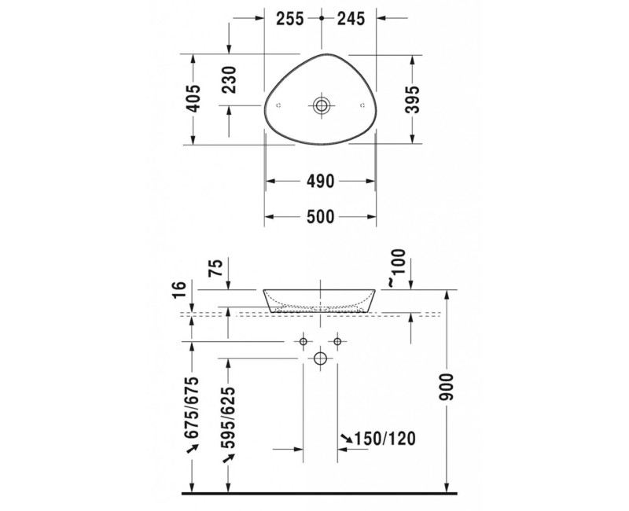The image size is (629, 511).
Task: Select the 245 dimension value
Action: click(x=351, y=20)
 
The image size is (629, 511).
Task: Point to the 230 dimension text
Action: click(x=229, y=79)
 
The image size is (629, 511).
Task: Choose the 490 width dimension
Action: click(x=321, y=182)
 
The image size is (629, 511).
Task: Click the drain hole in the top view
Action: click(x=321, y=105)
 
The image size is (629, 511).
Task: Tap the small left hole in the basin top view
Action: click(x=281, y=105)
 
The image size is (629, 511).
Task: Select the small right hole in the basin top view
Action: click(x=362, y=105)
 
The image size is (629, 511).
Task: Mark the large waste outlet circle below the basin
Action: click(x=320, y=359)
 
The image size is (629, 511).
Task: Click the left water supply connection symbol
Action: click(x=303, y=341)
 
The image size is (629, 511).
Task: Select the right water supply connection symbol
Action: click(x=338, y=341)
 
